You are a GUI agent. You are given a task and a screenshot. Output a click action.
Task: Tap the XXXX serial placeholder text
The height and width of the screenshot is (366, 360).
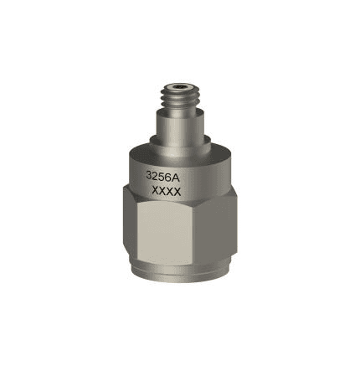coord(167,192)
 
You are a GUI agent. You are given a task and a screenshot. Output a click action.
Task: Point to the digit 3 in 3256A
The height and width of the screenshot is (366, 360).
coord(149,176)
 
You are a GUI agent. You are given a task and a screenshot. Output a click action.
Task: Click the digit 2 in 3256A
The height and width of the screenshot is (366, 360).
coord(155,176)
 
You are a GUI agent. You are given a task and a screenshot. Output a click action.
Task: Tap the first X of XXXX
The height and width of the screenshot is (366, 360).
coord(156,191)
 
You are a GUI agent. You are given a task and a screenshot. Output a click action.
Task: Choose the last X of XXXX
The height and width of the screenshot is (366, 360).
coord(177,192)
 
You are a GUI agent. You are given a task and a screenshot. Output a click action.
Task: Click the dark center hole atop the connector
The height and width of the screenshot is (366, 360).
coord(178,86)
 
